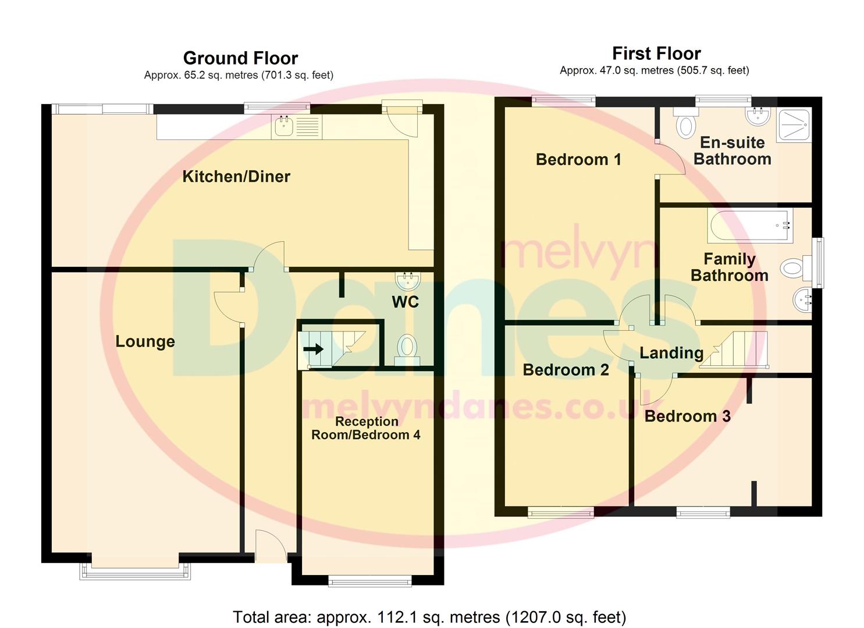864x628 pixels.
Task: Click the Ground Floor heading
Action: tap(240, 58)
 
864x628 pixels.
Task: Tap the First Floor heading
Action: tap(656, 53)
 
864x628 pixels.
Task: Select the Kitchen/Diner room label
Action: tap(236, 177)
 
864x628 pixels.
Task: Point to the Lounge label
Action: tap(145, 341)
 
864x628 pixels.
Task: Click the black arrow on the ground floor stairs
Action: tap(313, 349)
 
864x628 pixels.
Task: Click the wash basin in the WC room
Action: tap(407, 282)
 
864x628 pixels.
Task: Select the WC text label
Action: tap(405, 302)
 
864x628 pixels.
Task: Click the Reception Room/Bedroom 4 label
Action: tap(366, 429)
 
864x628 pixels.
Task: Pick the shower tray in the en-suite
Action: tap(794, 126)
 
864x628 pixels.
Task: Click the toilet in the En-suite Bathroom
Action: tap(687, 124)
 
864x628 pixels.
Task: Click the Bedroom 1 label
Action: tap(578, 159)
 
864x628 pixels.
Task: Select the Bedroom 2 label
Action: tap(566, 370)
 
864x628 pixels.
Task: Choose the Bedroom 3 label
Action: tap(687, 416)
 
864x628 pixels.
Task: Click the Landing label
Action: tap(671, 353)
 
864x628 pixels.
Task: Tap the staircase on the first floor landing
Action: tap(734, 350)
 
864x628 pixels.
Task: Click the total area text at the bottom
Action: tap(429, 617)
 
